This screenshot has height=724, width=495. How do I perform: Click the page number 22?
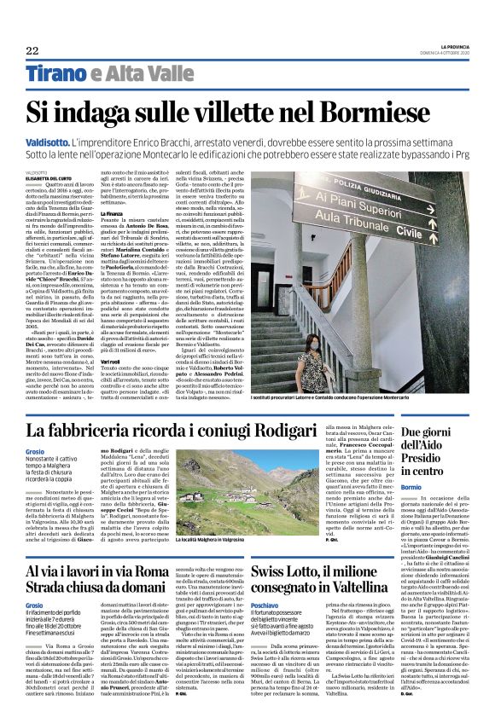tap(31, 50)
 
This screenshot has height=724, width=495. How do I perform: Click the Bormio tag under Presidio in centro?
tap(387, 487)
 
